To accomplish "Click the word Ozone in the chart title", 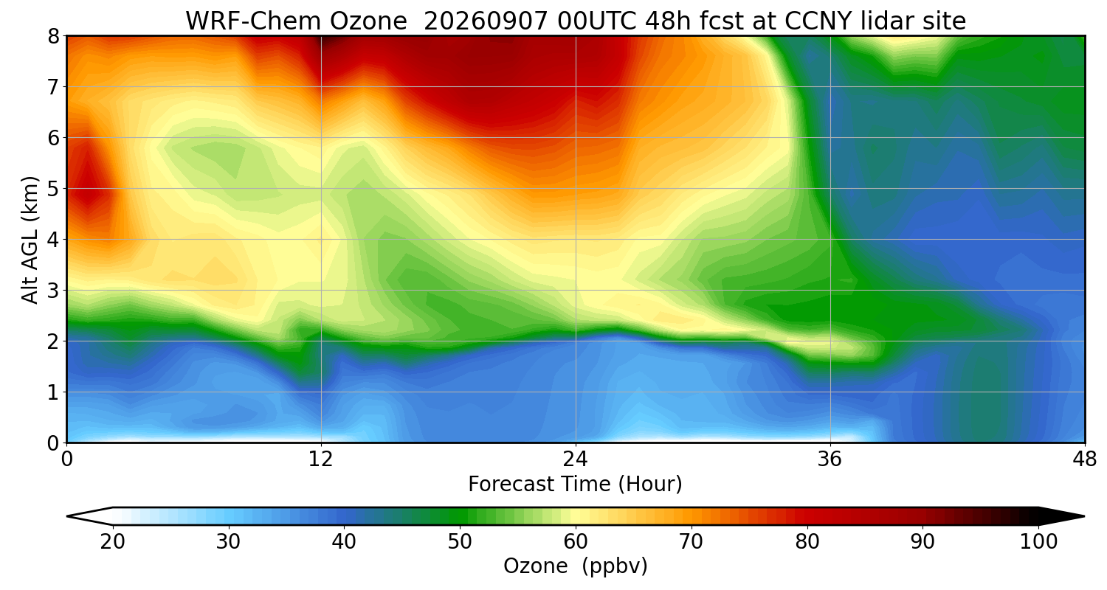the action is click(368, 21).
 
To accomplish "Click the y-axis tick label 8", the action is click(53, 37).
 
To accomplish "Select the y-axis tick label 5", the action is click(53, 189).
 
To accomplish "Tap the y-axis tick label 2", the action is click(53, 341).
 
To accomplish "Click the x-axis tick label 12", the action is click(321, 459).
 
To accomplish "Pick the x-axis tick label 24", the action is click(576, 459).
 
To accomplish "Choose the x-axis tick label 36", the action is click(830, 459).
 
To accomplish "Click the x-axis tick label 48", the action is click(1085, 459).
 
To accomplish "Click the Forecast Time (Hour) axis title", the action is click(575, 485).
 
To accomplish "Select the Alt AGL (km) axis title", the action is click(30, 240).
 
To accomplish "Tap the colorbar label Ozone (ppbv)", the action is click(575, 566).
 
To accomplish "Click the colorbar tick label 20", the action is click(113, 542).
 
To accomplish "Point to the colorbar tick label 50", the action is click(460, 542).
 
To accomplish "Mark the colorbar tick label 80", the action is click(807, 542).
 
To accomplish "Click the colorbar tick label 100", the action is click(1039, 542).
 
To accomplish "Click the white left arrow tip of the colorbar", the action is click(68, 516).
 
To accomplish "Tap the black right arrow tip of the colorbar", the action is click(1084, 516).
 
